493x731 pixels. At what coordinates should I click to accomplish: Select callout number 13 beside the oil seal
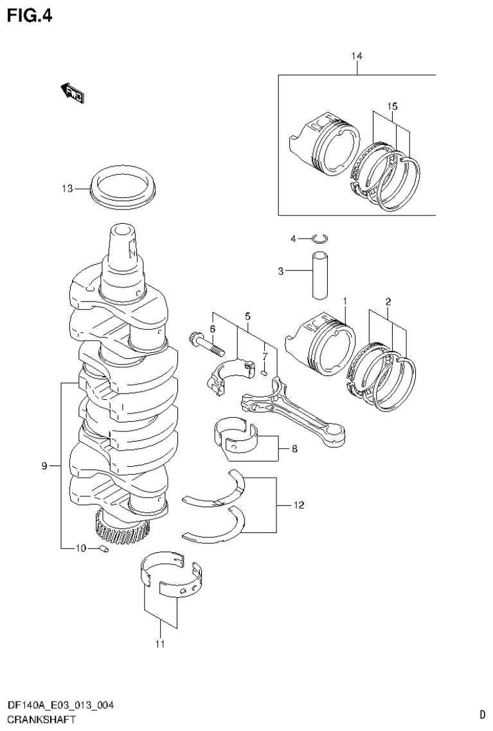tap(67, 188)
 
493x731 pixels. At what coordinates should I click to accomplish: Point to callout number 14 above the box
tap(357, 57)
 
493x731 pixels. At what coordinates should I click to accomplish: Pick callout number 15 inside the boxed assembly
tap(393, 105)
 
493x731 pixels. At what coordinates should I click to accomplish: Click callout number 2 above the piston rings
tap(388, 301)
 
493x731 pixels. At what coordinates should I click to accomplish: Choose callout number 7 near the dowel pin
tap(264, 356)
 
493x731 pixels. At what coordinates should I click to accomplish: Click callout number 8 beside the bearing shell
tap(294, 449)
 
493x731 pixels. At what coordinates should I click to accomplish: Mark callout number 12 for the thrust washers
tap(298, 505)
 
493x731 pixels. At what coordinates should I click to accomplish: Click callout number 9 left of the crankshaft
tap(45, 466)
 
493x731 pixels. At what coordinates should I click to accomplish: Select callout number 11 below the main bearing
tap(159, 644)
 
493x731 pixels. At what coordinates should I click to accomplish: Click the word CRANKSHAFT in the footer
tap(40, 720)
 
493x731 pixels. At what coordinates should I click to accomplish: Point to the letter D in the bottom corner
tap(482, 714)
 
